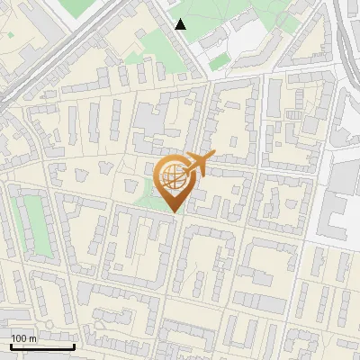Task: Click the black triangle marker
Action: (181, 24)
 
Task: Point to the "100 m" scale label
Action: (24, 337)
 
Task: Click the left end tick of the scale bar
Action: (11, 346)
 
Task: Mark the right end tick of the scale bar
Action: (75, 346)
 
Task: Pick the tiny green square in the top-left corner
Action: (8, 35)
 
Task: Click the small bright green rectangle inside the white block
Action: (219, 60)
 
